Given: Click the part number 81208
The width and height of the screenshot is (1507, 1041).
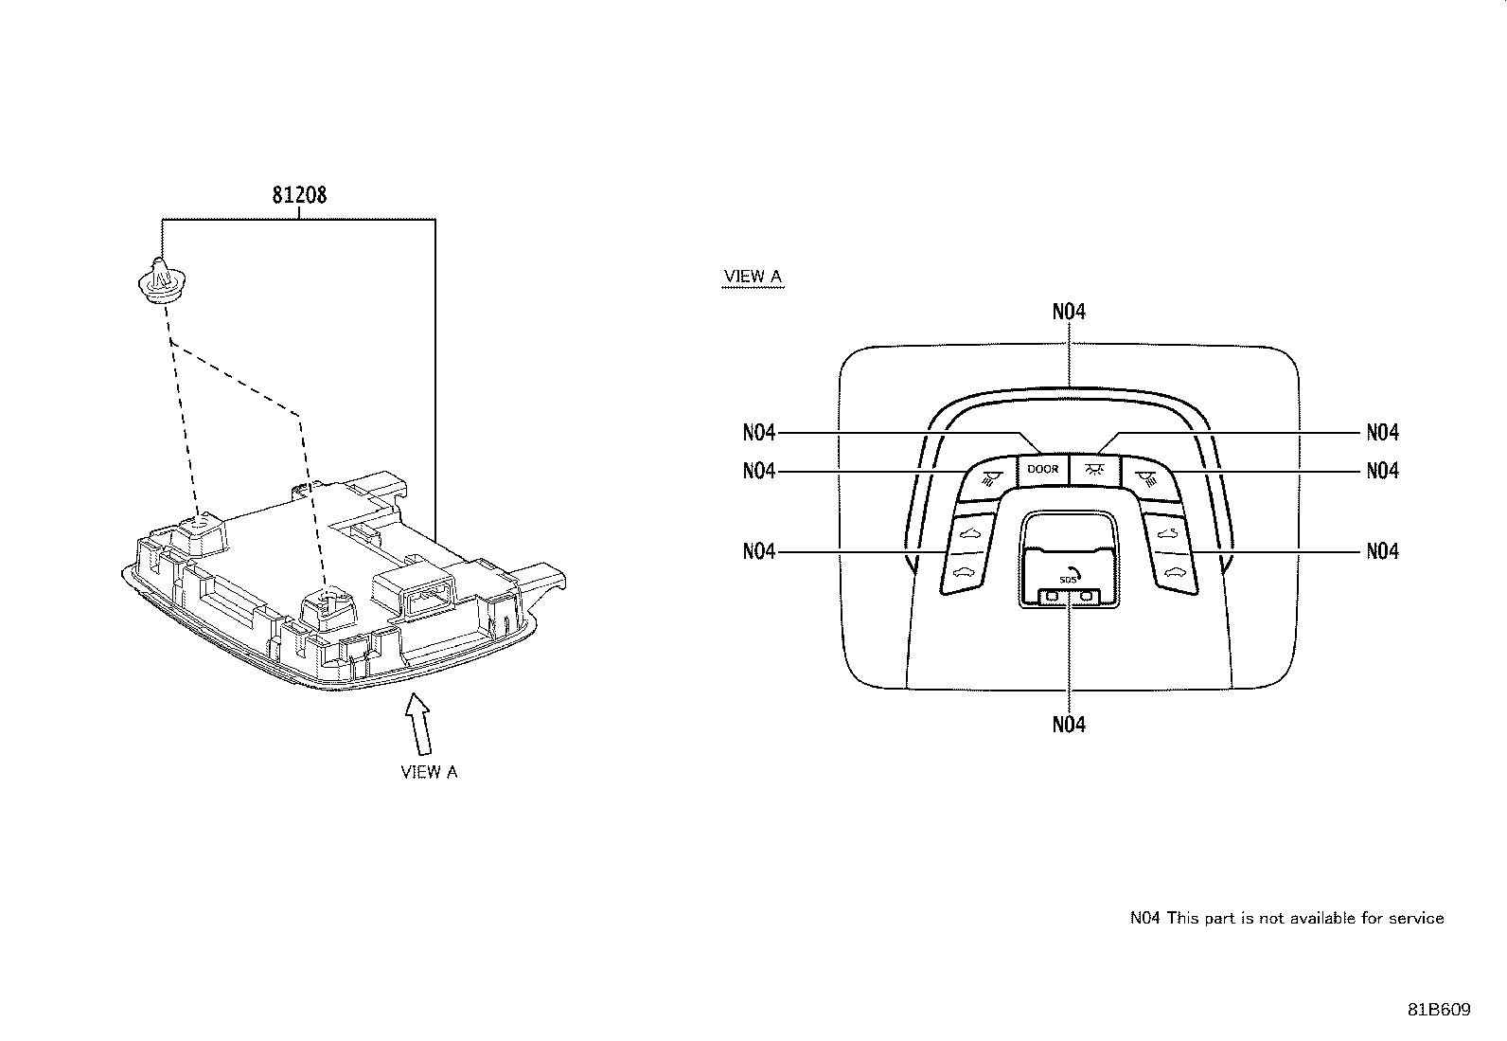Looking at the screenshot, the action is coord(299,195).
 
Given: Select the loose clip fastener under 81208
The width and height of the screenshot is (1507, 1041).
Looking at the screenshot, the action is coord(162,280).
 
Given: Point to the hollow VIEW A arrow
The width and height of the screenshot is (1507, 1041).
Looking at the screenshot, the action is coord(418,724).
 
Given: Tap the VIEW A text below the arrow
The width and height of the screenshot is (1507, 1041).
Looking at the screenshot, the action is coord(429,772).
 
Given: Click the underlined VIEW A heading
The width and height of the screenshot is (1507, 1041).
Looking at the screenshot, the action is coord(753,276).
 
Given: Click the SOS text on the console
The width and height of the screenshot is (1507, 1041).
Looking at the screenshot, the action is coord(1067,580).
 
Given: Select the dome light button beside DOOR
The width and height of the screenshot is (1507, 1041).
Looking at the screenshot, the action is coord(1094,469).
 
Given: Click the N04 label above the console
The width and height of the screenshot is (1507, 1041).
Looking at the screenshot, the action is coord(1069,312).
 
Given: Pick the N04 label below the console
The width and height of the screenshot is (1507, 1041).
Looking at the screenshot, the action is coord(1069,725).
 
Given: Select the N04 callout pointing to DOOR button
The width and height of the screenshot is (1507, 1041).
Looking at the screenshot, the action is coord(759,432).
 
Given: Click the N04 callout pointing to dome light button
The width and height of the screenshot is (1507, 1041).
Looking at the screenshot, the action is coord(1383,432).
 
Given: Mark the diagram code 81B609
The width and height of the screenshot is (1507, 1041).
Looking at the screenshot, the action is coord(1439,1010).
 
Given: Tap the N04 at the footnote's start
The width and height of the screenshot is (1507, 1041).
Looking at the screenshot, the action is coord(1145,919).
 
